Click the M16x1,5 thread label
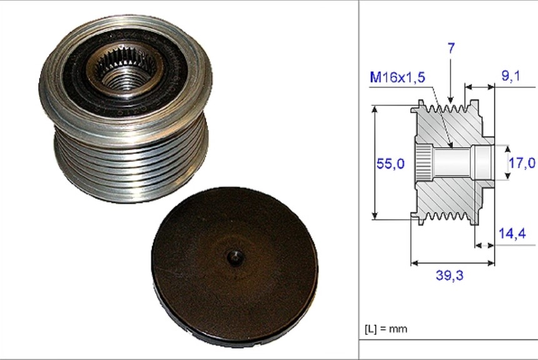click(x=397, y=77)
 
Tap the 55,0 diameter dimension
click(x=390, y=163)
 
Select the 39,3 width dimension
click(x=449, y=275)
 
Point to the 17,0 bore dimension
click(x=522, y=163)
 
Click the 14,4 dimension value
click(x=512, y=234)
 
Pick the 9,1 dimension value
click(x=511, y=76)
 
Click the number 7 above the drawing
click(x=451, y=48)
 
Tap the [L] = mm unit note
click(x=386, y=329)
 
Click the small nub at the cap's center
click(x=235, y=256)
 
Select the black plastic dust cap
click(x=235, y=267)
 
